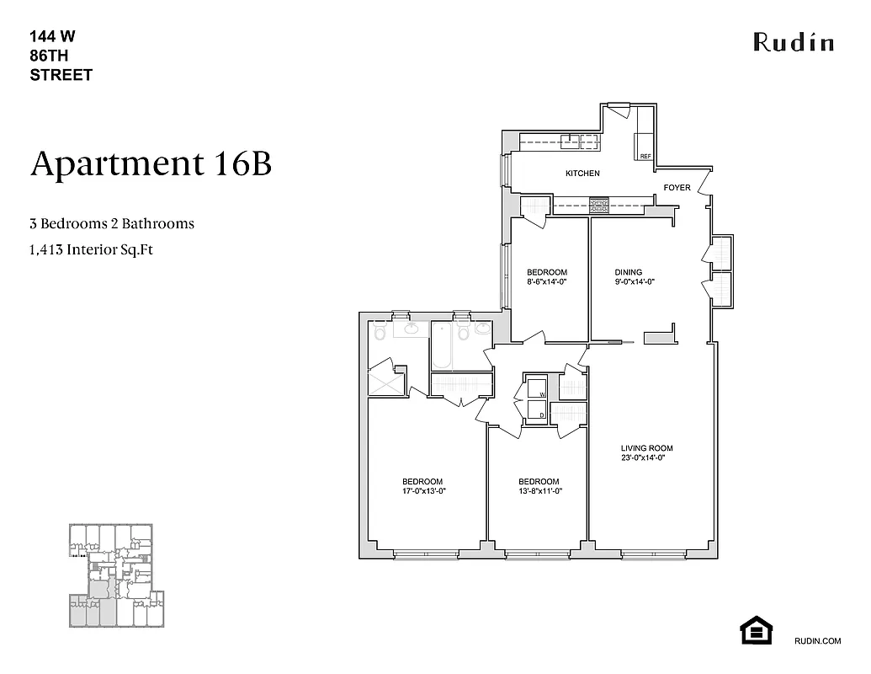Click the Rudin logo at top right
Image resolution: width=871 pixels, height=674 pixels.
(793, 41)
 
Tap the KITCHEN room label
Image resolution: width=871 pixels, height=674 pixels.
(582, 174)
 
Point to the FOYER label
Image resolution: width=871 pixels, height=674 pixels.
(677, 187)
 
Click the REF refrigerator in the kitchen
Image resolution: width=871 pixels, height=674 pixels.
(645, 147)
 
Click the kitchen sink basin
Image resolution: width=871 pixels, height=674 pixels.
(580, 142)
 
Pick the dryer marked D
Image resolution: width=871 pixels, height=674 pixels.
(535, 411)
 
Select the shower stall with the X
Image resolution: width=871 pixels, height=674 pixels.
(387, 380)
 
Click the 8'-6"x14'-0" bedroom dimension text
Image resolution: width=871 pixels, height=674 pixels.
(547, 282)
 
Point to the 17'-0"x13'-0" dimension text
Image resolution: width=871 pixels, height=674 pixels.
(423, 490)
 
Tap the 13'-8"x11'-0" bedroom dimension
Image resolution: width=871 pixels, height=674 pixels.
(539, 490)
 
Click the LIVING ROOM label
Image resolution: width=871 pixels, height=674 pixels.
(646, 448)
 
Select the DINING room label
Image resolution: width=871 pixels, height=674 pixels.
(628, 272)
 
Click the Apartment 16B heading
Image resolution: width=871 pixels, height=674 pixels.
(151, 163)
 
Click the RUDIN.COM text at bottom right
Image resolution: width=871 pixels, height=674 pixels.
(817, 641)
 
